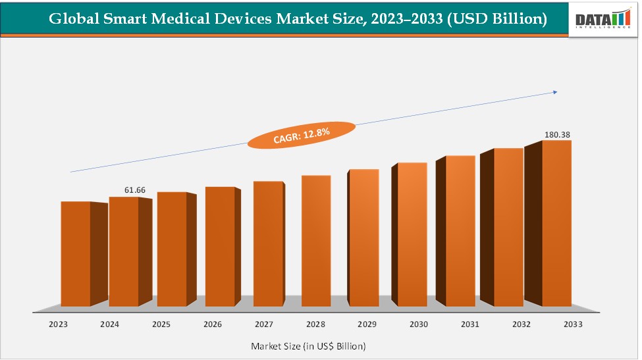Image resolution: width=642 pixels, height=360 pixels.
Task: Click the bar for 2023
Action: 76,253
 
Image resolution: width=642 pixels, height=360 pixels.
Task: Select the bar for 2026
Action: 220,246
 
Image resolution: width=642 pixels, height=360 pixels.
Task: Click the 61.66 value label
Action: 135,190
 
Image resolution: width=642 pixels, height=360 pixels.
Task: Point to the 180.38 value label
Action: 557,134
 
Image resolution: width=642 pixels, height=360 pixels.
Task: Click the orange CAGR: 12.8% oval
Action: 301,135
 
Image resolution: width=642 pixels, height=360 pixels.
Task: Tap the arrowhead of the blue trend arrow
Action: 555,92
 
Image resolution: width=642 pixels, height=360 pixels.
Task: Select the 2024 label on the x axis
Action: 109,324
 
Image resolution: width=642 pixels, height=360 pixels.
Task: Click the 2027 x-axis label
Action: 264,324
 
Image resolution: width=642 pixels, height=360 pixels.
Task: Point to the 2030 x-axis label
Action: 418,324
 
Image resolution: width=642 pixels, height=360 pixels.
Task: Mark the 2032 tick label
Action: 521,324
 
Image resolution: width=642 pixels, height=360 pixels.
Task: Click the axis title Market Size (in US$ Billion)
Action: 308,346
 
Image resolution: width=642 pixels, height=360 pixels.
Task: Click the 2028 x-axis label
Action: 315,324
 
